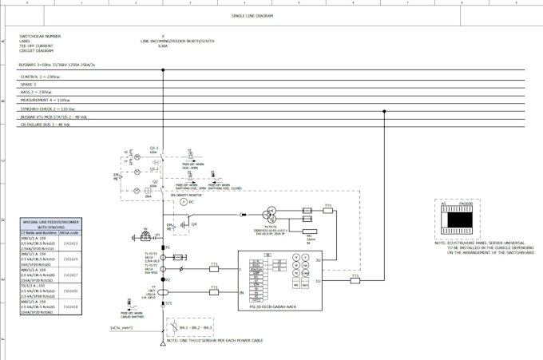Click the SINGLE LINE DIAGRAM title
pyautogui.click(x=252, y=16)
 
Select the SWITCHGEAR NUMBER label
pyautogui.click(x=40, y=36)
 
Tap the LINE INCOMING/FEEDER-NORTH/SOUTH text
pyautogui.click(x=177, y=41)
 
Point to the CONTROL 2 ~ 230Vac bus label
pyautogui.click(x=40, y=77)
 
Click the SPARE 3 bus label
pyautogui.click(x=29, y=85)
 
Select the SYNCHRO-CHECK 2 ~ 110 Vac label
pyautogui.click(x=48, y=109)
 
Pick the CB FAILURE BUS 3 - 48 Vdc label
pyautogui.click(x=46, y=125)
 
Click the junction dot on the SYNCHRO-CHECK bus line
pyautogui.click(x=385, y=111)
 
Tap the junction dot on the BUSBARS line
pyautogui.click(x=163, y=70)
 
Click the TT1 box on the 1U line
pyautogui.click(x=355, y=280)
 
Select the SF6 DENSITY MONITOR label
pyautogui.click(x=185, y=195)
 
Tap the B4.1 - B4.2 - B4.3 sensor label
pyautogui.click(x=196, y=327)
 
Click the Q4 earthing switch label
pyautogui.click(x=194, y=224)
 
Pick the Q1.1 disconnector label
pyautogui.click(x=154, y=148)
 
